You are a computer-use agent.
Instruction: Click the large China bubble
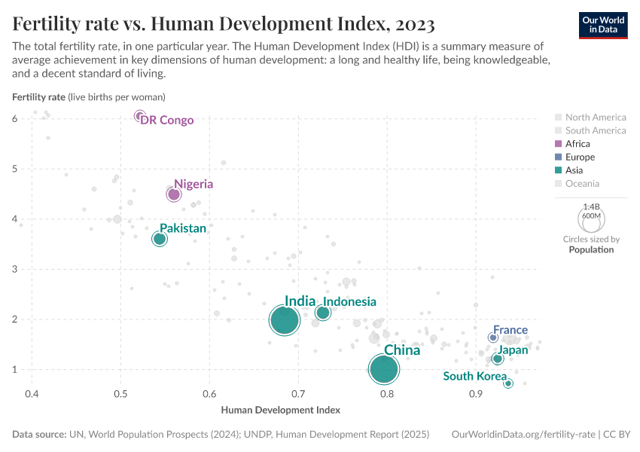(384, 369)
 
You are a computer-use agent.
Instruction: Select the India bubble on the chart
(285, 320)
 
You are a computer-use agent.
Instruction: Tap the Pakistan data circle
(160, 239)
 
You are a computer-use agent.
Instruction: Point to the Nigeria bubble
(174, 194)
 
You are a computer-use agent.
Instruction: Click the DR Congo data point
(139, 115)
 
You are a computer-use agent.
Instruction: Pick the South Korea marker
(508, 383)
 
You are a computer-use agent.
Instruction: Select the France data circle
(493, 337)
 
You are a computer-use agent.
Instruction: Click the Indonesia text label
(350, 302)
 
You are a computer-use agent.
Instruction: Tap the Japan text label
(513, 350)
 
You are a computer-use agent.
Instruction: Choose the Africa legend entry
(578, 144)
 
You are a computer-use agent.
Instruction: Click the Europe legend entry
(580, 157)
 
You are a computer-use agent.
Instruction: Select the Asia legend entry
(574, 170)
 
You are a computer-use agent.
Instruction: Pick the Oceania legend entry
(582, 184)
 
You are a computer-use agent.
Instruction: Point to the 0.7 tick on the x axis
(298, 394)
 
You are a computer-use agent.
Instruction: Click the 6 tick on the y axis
(15, 119)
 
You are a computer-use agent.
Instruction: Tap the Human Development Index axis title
(280, 411)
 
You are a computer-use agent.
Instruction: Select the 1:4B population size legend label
(592, 206)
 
